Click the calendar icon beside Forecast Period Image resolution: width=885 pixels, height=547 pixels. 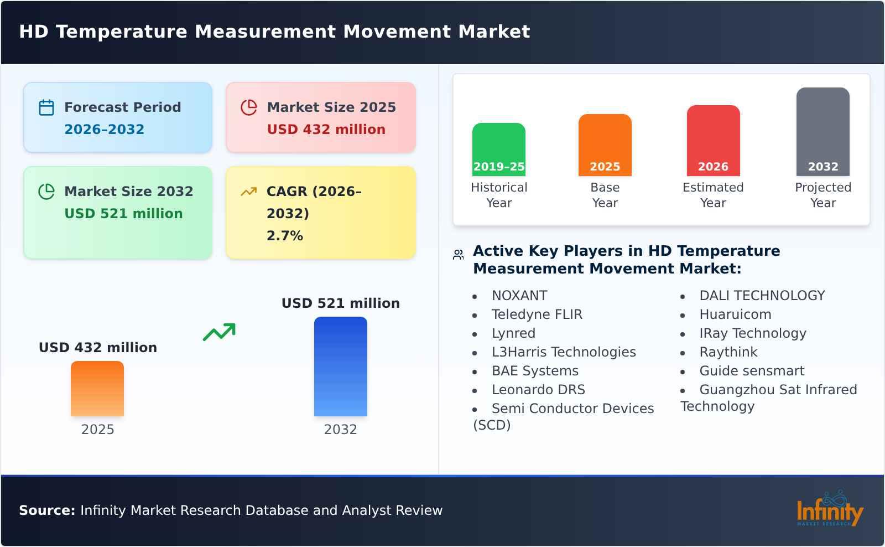click(x=46, y=107)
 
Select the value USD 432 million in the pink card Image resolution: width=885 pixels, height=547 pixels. click(x=326, y=130)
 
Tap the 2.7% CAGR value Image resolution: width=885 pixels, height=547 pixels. click(x=284, y=236)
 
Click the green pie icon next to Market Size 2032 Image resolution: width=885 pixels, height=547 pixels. click(x=46, y=192)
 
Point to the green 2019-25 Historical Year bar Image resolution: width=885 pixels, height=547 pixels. click(x=498, y=149)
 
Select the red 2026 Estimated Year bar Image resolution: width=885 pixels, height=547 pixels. click(x=713, y=141)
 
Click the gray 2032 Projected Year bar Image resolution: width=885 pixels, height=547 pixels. click(x=822, y=132)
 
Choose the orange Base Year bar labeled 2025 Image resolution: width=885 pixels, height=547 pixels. click(x=605, y=145)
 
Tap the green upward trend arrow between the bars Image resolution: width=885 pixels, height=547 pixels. click(x=220, y=332)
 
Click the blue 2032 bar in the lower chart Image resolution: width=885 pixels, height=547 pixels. click(x=340, y=367)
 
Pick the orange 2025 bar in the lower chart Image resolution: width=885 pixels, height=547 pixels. click(x=97, y=389)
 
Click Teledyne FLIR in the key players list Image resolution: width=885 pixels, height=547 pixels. click(x=537, y=314)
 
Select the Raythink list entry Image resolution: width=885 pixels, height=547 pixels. click(x=728, y=352)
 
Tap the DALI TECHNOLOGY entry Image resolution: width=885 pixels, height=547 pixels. click(x=762, y=296)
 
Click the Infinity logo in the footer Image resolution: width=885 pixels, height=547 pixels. click(x=829, y=510)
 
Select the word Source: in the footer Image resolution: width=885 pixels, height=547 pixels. click(x=47, y=510)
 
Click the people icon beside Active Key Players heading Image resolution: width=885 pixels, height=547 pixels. click(x=458, y=255)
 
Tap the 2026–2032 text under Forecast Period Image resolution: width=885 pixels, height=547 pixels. click(x=104, y=130)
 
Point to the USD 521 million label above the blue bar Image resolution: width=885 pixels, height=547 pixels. click(x=340, y=303)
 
